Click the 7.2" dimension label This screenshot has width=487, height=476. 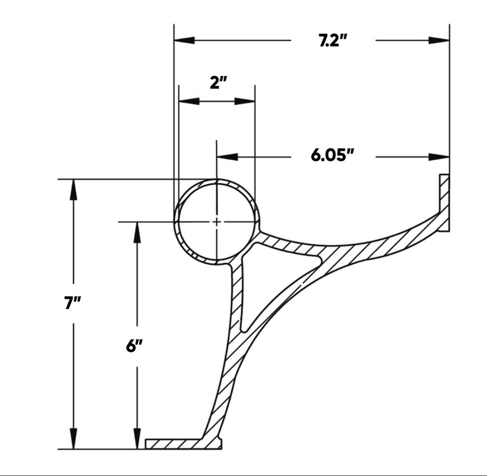[x=333, y=41]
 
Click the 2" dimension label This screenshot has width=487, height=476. [x=218, y=83]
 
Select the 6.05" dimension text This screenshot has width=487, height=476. [x=332, y=155]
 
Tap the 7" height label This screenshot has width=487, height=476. [x=72, y=303]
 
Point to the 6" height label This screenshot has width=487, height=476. [x=134, y=346]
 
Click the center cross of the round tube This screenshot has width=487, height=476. [x=217, y=222]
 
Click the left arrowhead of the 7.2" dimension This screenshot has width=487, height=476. [x=184, y=40]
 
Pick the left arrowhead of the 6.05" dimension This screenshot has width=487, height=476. [x=227, y=157]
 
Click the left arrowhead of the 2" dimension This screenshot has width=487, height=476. [x=189, y=101]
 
